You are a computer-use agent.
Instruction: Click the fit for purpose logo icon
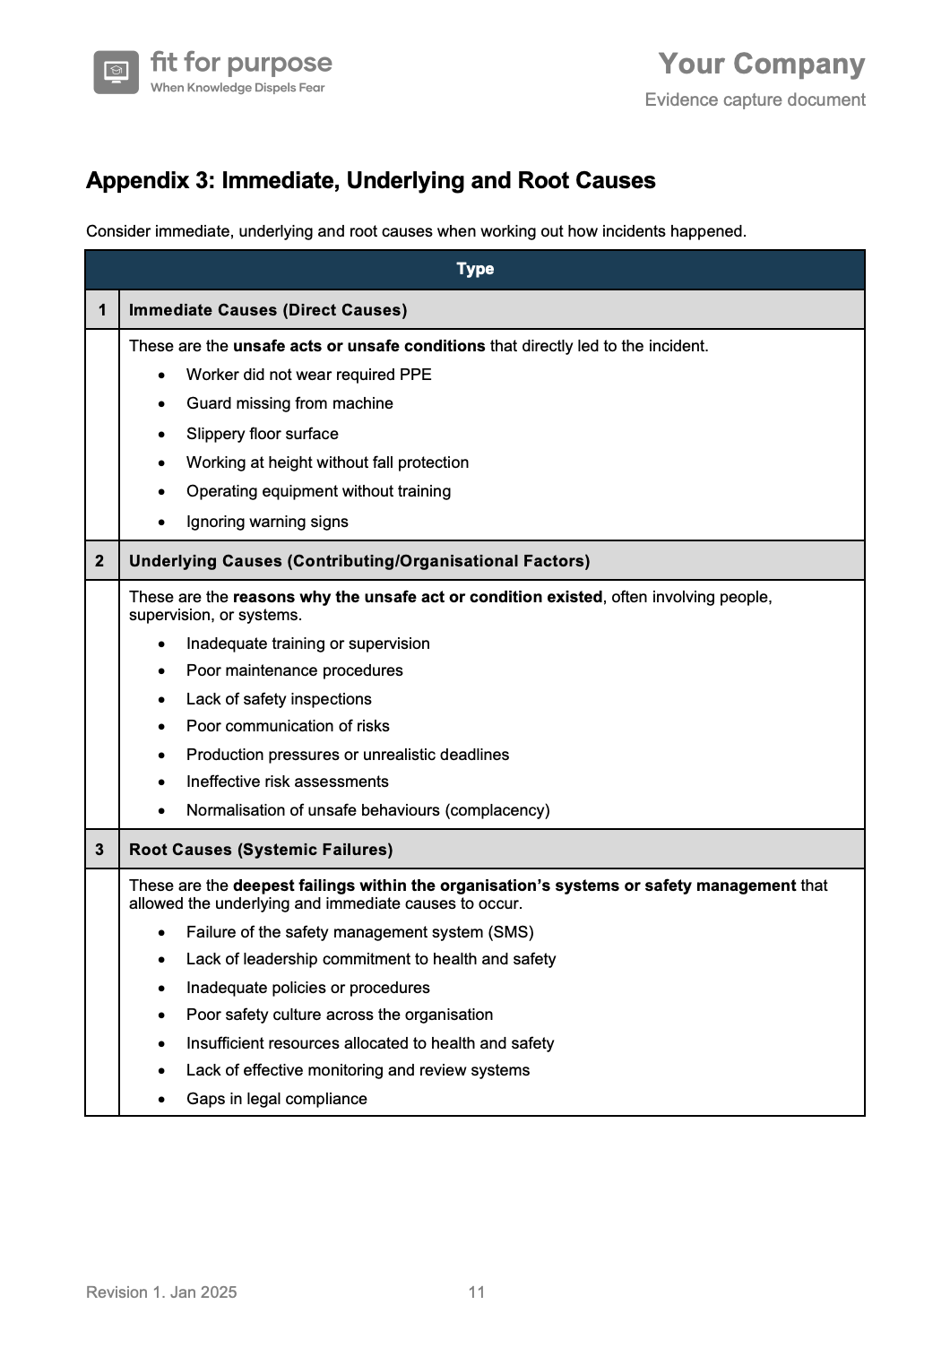pyautogui.click(x=116, y=72)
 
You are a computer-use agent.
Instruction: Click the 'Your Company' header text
pyautogui.click(x=762, y=64)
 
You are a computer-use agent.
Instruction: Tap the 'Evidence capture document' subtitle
pyautogui.click(x=755, y=99)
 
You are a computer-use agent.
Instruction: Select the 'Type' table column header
pyautogui.click(x=475, y=269)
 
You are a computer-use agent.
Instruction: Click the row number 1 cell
pyautogui.click(x=102, y=310)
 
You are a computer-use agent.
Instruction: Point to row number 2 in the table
pyautogui.click(x=99, y=561)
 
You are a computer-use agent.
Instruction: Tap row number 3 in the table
pyautogui.click(x=99, y=850)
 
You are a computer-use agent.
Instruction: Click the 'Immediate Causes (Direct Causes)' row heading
pyautogui.click(x=268, y=310)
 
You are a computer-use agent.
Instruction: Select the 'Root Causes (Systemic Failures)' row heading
pyautogui.click(x=261, y=850)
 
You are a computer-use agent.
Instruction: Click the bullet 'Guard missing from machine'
pyautogui.click(x=289, y=403)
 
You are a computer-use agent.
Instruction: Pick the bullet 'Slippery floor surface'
pyautogui.click(x=263, y=434)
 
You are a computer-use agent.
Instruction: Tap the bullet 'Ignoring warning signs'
pyautogui.click(x=267, y=522)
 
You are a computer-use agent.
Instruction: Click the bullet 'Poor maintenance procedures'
pyautogui.click(x=295, y=670)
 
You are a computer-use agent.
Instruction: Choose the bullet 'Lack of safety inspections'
pyautogui.click(x=279, y=699)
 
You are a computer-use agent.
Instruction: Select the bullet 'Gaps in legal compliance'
pyautogui.click(x=277, y=1099)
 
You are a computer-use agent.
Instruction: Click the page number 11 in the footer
pyautogui.click(x=477, y=1292)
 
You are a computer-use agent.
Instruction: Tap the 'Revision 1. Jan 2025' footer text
pyautogui.click(x=161, y=1292)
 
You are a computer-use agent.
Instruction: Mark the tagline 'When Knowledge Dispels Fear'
pyautogui.click(x=237, y=88)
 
